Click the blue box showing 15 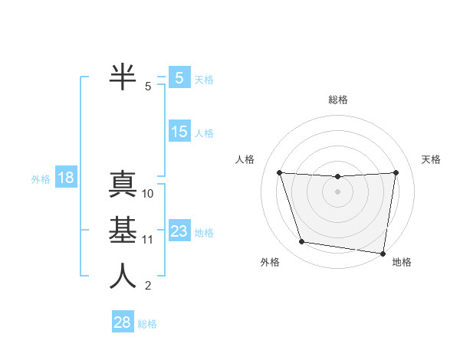pos(179,132)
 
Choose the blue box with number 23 pos(179,231)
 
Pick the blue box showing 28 pos(123,322)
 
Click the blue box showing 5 pos(179,78)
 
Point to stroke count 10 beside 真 pos(148,194)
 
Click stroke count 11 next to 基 pos(148,240)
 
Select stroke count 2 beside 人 pos(148,286)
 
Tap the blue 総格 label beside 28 pos(147,324)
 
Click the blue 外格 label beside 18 pos(41,179)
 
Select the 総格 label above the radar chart pos(337,100)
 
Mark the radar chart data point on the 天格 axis pos(396,172)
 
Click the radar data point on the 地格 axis pos(383,253)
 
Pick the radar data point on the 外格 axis pos(302,242)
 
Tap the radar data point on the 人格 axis pos(279,172)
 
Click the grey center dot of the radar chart pos(337,191)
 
